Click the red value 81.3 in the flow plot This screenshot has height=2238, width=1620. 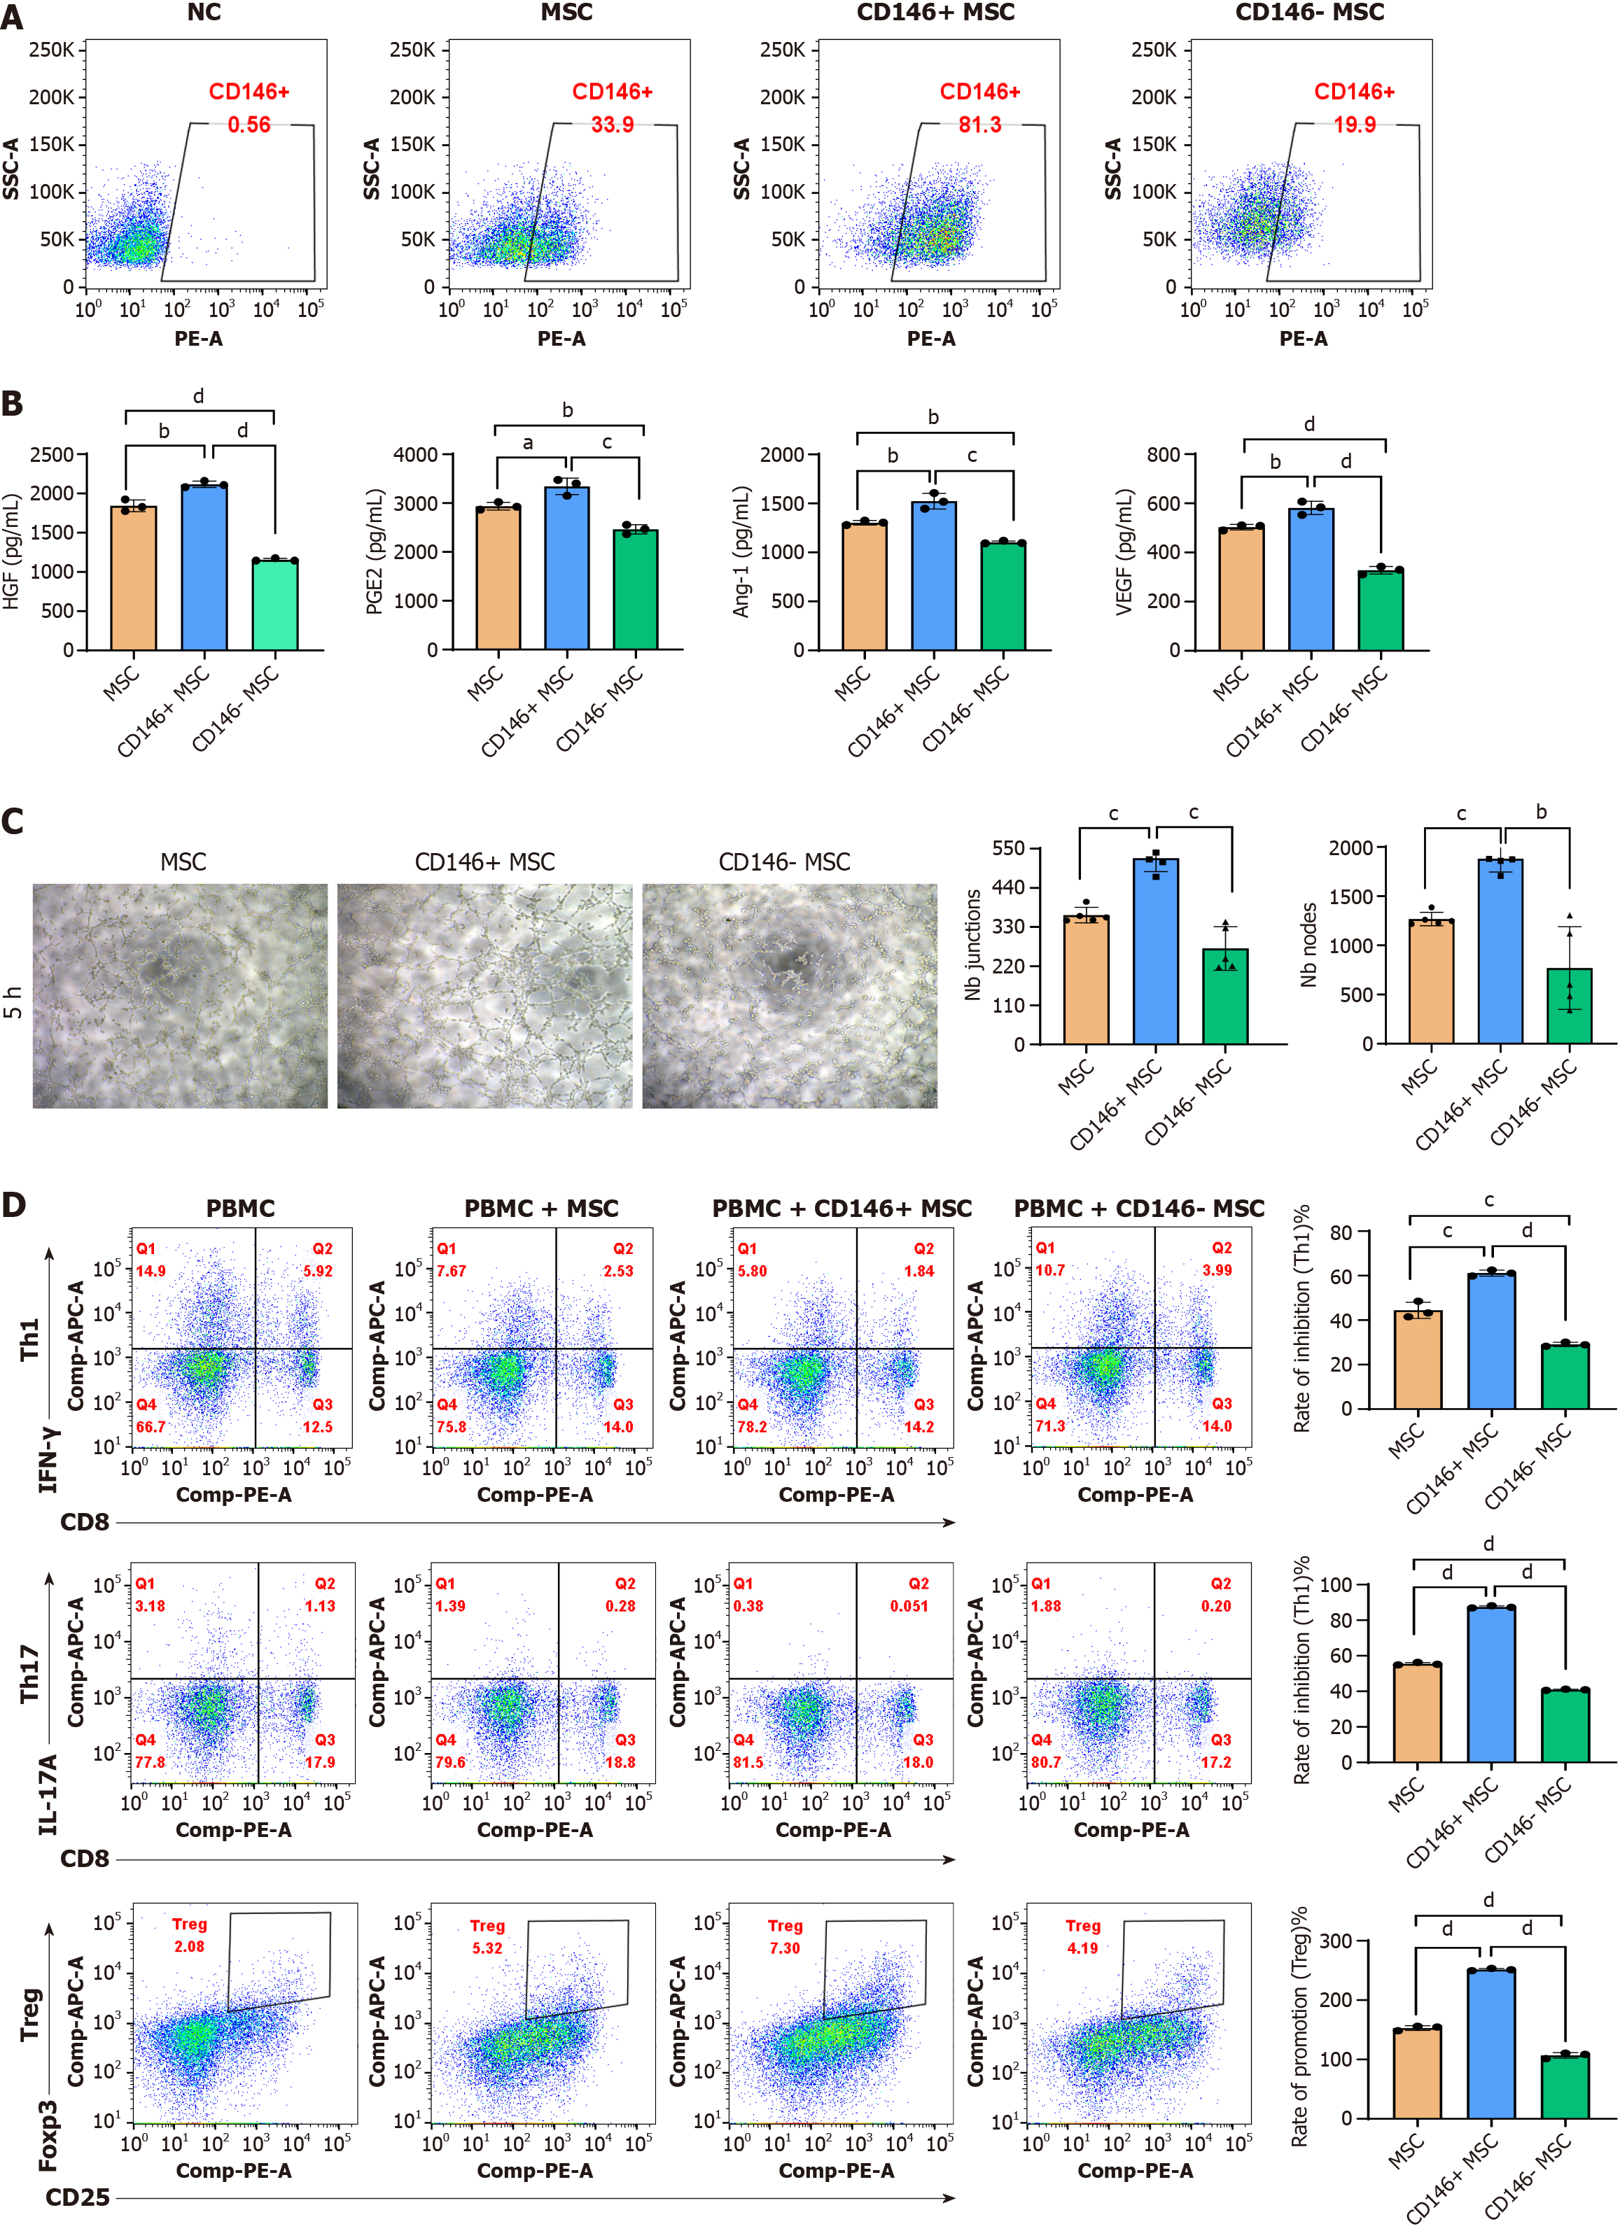tap(979, 125)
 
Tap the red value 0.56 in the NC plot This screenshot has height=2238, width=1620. tap(249, 125)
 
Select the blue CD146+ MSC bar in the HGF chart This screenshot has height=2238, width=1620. tap(204, 568)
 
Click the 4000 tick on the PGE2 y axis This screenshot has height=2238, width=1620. tap(416, 455)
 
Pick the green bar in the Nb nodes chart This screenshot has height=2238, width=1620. tap(1569, 1006)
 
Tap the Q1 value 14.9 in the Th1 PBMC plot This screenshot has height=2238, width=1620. tap(151, 1271)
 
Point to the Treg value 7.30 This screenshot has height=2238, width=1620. tap(785, 1948)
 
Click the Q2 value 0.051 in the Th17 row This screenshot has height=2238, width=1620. tap(908, 1605)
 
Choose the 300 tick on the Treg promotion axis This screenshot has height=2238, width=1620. tap(1336, 1941)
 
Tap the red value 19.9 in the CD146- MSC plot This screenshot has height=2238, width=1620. tap(1355, 125)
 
